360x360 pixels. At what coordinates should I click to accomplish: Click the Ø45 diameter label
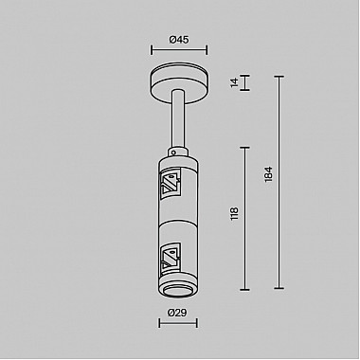click(179, 39)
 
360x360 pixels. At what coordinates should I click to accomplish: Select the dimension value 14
click(234, 82)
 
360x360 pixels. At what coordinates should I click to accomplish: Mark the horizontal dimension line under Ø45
click(179, 52)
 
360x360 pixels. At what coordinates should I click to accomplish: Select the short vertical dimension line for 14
click(245, 83)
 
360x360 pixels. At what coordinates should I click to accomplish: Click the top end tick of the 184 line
click(279, 75)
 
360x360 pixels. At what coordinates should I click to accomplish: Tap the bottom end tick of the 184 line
click(279, 288)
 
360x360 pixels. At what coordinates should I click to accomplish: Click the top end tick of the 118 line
click(245, 147)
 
